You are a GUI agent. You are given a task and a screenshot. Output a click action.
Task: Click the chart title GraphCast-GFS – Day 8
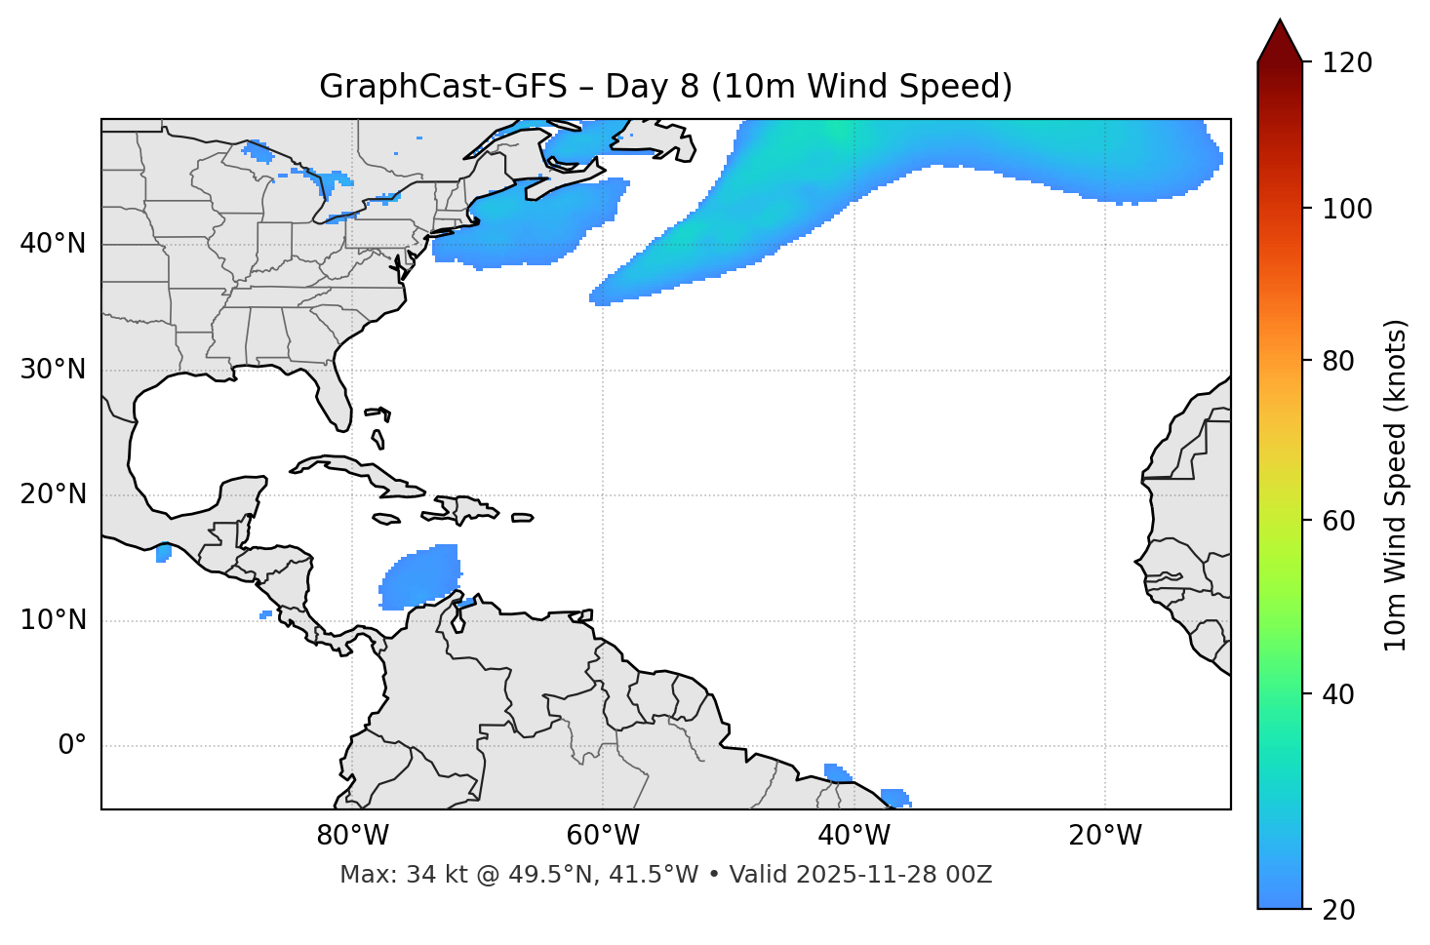[x=665, y=87]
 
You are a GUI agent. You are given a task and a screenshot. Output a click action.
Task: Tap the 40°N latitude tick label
[x=53, y=244]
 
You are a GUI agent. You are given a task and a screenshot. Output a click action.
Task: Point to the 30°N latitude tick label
[x=53, y=370]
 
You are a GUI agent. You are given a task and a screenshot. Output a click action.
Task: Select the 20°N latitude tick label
[x=53, y=494]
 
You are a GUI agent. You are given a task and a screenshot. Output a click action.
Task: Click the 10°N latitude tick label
[x=53, y=620]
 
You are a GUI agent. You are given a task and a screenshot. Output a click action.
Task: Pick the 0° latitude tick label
[x=71, y=746]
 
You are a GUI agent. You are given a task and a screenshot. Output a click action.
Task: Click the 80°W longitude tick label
[x=352, y=836]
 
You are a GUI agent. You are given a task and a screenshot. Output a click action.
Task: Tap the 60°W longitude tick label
[x=603, y=836]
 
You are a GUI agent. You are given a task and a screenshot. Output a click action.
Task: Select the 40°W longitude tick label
[x=854, y=836]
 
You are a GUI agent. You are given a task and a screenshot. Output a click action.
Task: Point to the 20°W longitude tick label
[x=1104, y=836]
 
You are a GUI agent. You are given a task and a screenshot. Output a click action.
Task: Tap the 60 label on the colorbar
[x=1343, y=521]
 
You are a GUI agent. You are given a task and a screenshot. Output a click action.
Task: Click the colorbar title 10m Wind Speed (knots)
[x=1396, y=486]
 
